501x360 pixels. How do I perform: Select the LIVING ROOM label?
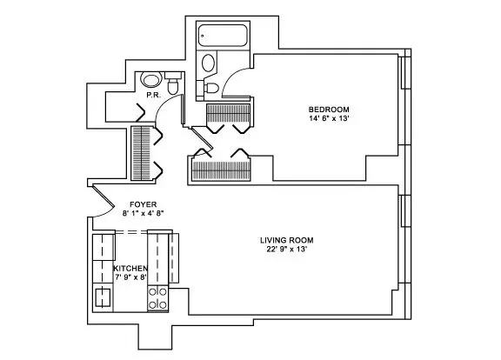(286, 240)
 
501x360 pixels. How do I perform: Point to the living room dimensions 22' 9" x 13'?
(286, 250)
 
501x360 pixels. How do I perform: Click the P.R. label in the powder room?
(151, 95)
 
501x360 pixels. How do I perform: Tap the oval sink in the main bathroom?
(208, 63)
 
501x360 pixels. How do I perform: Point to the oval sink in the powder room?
(151, 79)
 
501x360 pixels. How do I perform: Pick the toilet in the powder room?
(172, 85)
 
